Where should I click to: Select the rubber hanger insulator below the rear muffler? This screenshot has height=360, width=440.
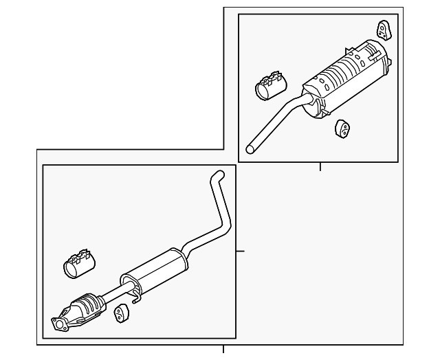tap(340, 128)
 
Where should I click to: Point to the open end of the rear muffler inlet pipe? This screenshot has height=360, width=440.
tap(252, 146)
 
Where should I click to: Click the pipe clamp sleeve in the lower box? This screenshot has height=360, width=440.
tap(79, 265)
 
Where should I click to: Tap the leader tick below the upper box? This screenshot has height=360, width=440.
tap(320, 166)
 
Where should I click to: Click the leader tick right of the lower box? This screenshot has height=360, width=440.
tap(240, 251)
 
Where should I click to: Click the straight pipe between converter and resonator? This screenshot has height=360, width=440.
tap(110, 293)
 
